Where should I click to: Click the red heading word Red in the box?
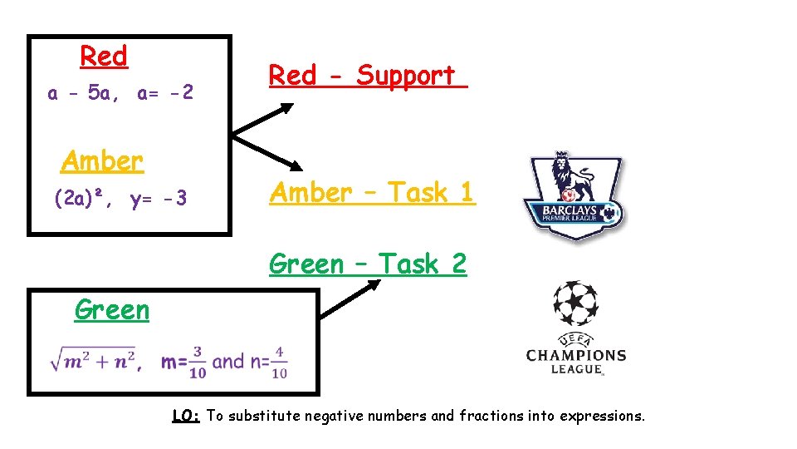point(104,57)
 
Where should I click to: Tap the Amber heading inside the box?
point(102,160)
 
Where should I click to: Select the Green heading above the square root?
point(111,309)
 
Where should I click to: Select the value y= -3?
point(159,200)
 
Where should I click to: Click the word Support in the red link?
point(406,76)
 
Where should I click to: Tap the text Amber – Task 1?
point(372,193)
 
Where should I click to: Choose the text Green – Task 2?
point(368,264)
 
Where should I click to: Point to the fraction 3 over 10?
point(196,362)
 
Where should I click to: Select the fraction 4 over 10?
point(279,362)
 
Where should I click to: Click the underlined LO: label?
point(186,416)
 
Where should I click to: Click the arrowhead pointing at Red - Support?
point(285,107)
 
